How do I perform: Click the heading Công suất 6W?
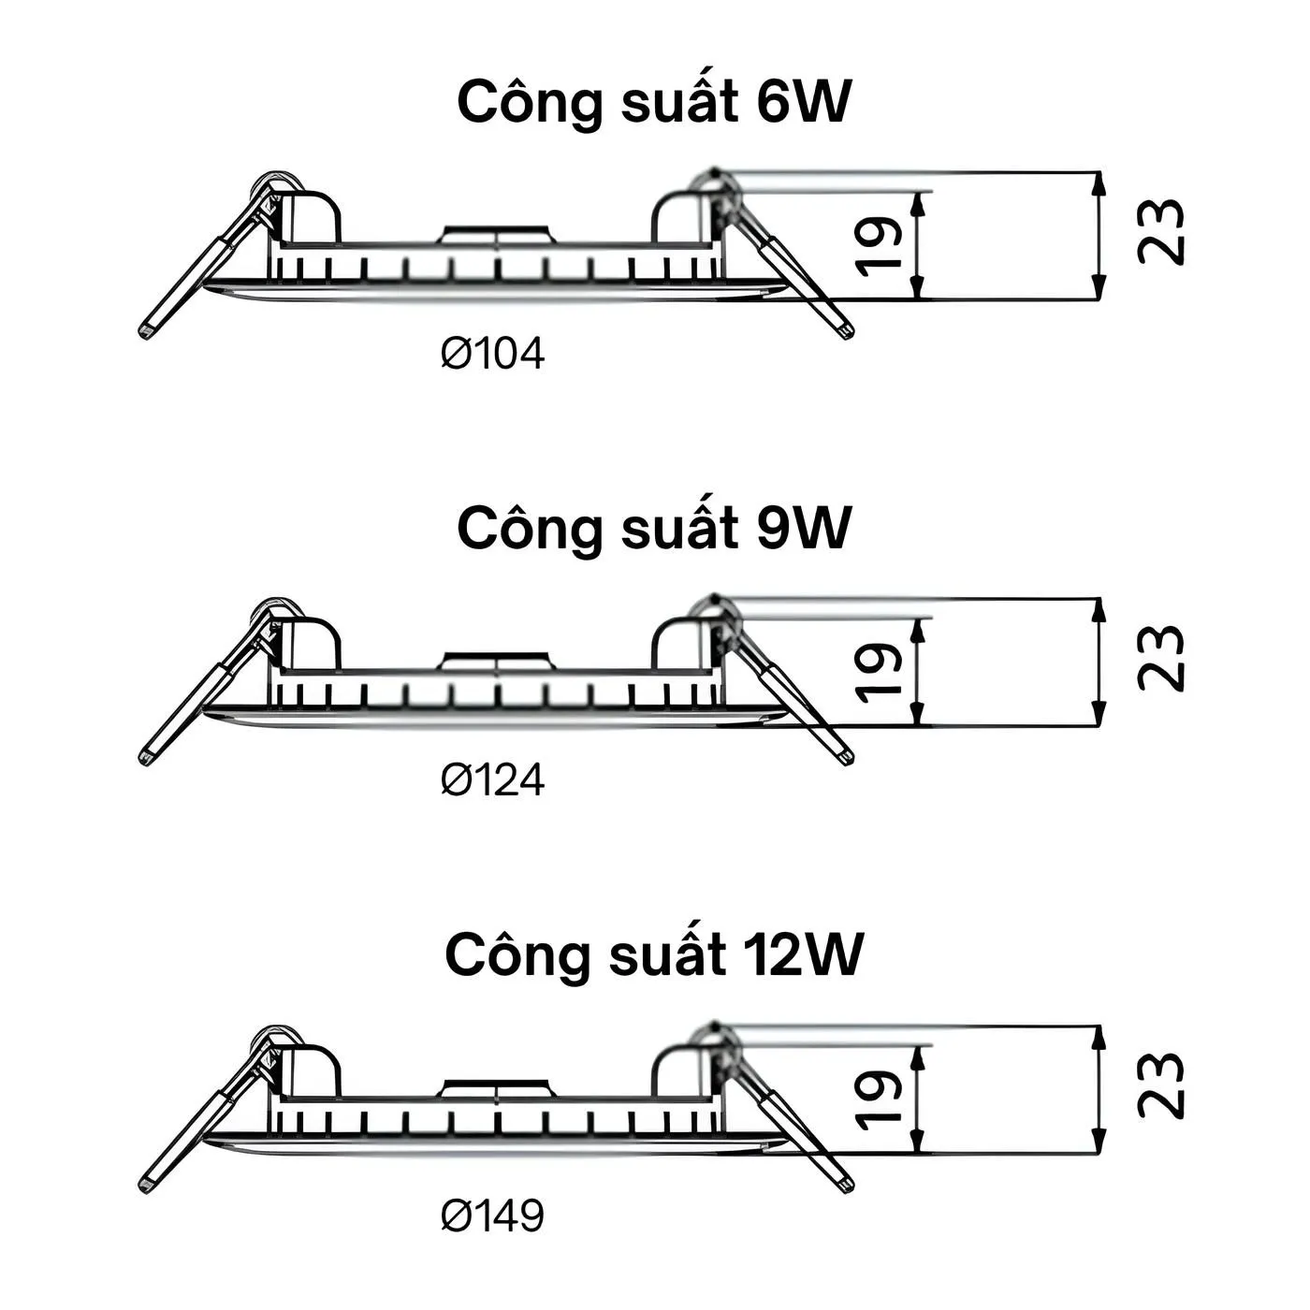click(654, 102)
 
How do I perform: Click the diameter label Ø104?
click(493, 354)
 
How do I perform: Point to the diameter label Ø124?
click(493, 779)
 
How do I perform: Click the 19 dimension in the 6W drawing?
click(880, 245)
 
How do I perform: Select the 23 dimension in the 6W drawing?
click(1161, 232)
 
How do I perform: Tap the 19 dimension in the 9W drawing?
click(880, 672)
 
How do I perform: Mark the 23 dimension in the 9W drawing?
click(1161, 658)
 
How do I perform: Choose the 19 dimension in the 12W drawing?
click(880, 1099)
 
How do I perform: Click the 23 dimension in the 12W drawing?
click(1161, 1085)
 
